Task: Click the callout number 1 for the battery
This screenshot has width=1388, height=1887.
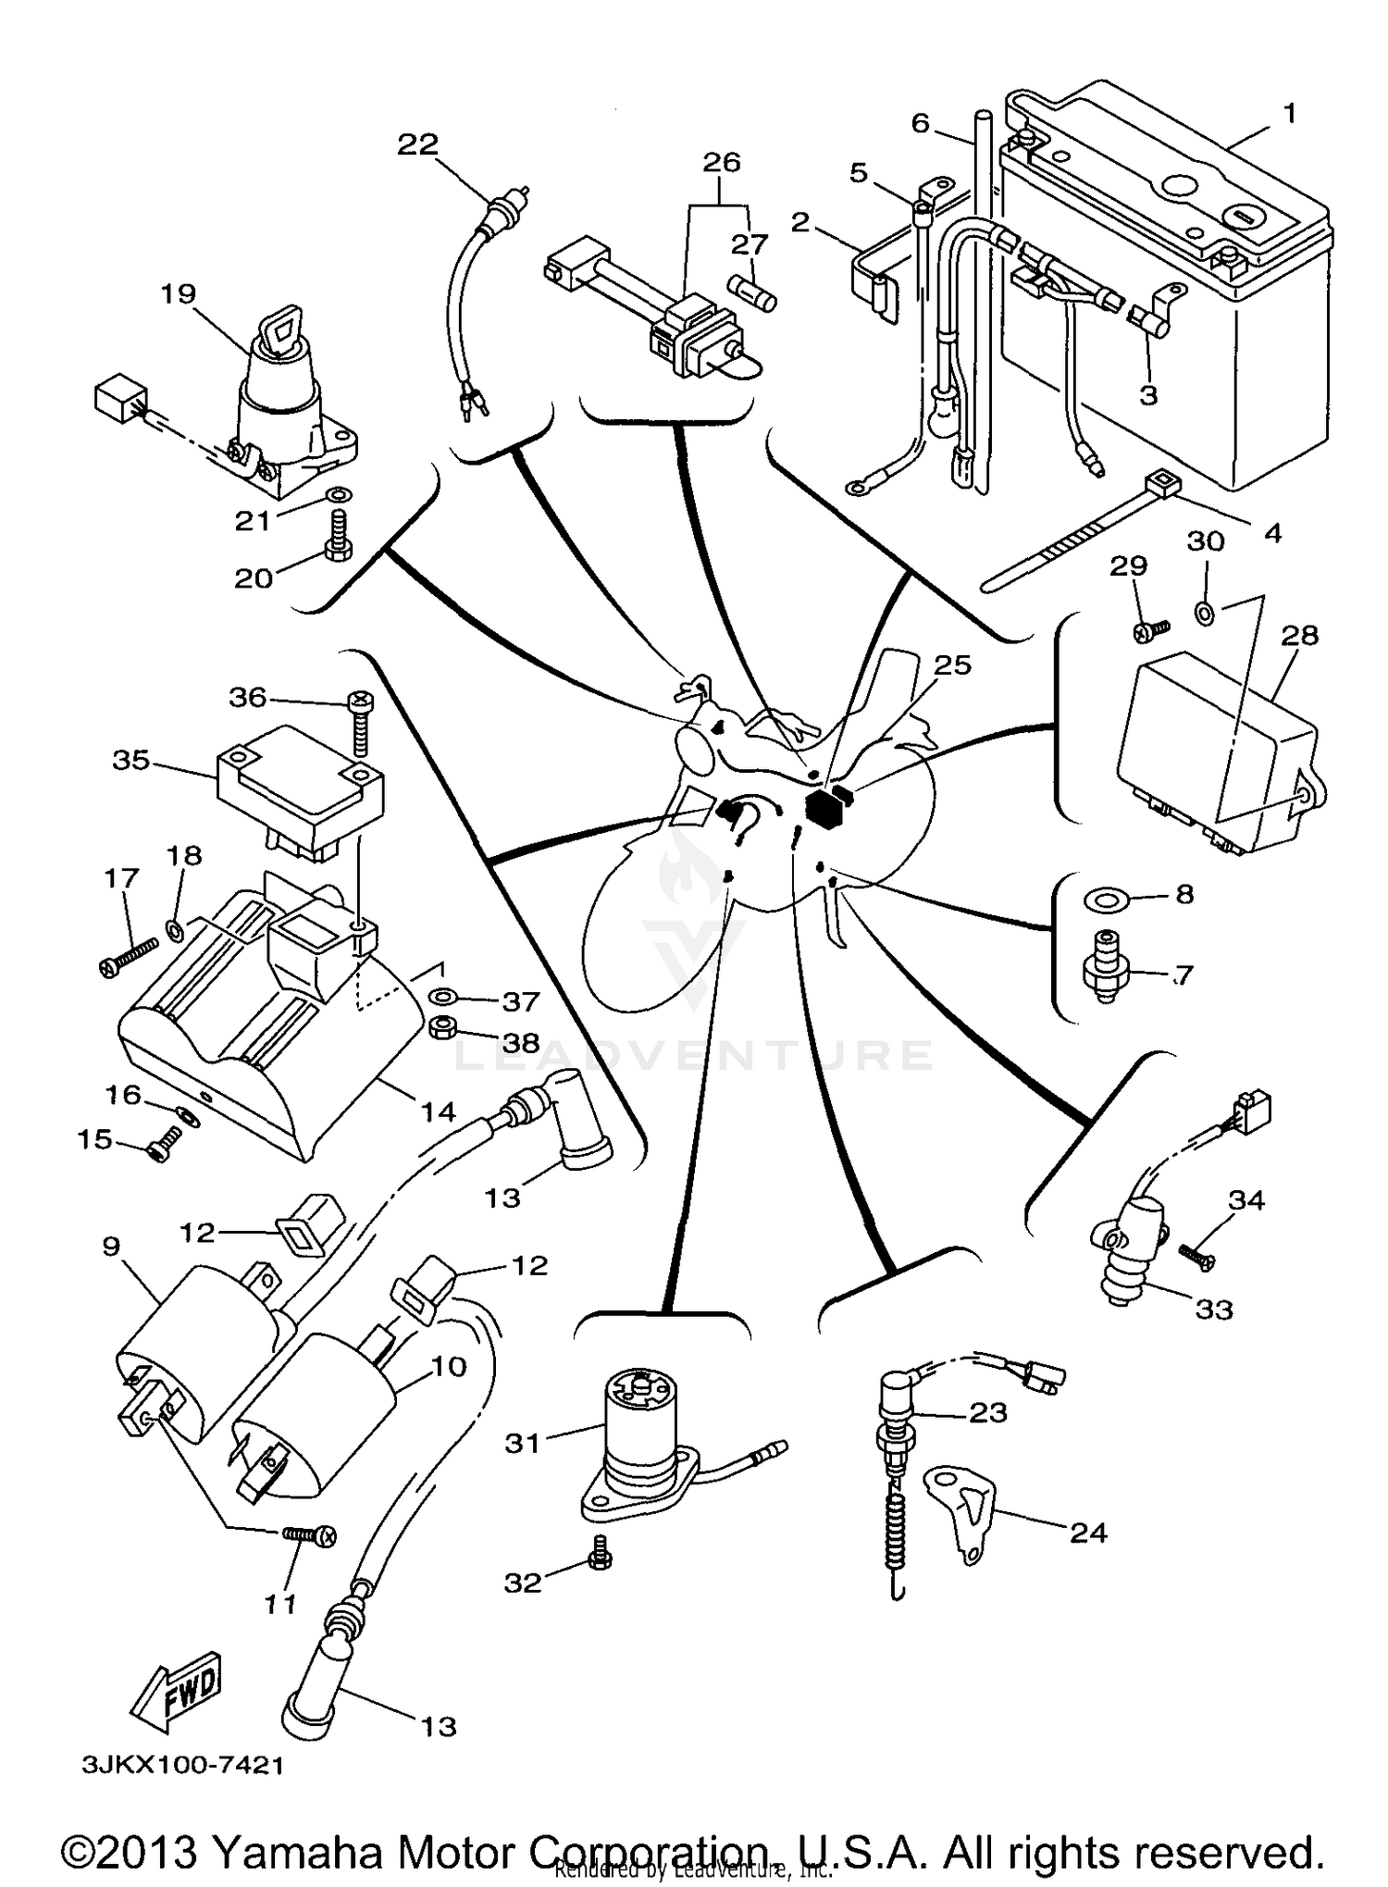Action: pos(1288,115)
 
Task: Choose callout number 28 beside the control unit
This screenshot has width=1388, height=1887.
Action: pos(1299,636)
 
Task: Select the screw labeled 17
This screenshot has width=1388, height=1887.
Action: pos(127,955)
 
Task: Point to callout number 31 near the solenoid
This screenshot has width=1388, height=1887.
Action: pos(522,1443)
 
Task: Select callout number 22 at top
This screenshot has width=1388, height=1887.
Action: pos(417,145)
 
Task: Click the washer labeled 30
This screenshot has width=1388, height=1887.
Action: pos(1205,611)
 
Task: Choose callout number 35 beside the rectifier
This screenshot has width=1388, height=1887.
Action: pos(130,760)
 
